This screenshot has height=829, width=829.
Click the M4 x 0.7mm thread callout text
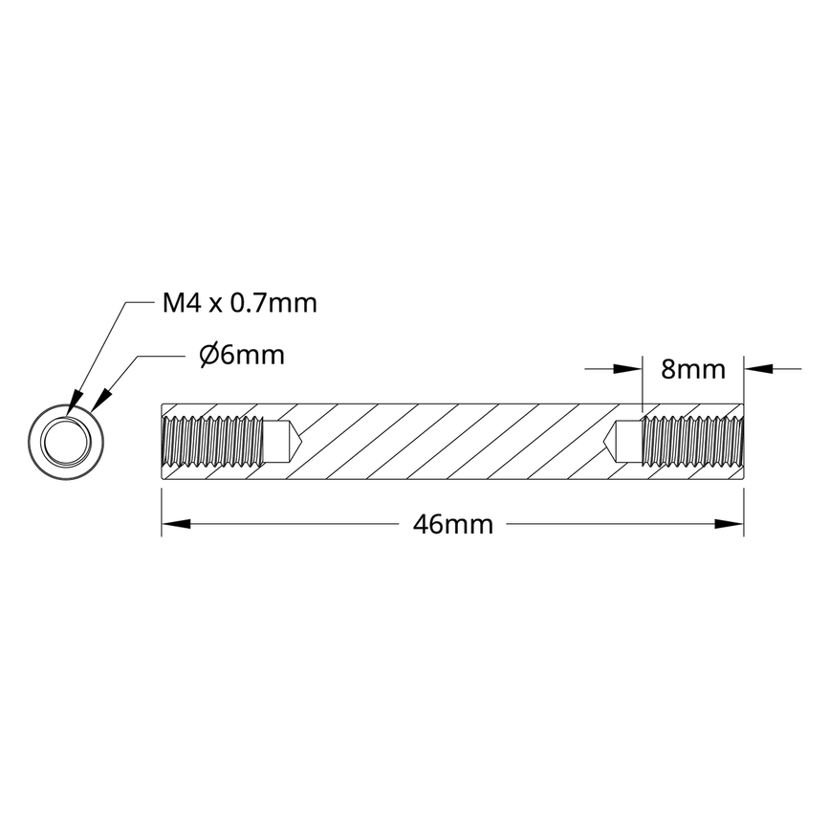point(238,304)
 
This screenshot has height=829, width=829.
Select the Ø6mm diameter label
point(242,356)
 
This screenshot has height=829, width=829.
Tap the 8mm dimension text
point(693,369)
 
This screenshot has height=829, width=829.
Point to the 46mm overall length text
point(453,525)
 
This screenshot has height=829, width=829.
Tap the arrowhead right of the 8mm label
point(758,367)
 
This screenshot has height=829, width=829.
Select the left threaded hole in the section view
point(213,442)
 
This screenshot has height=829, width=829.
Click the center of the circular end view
point(68,442)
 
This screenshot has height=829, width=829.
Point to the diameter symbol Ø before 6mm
point(209,356)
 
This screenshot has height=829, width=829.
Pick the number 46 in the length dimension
point(428,525)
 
